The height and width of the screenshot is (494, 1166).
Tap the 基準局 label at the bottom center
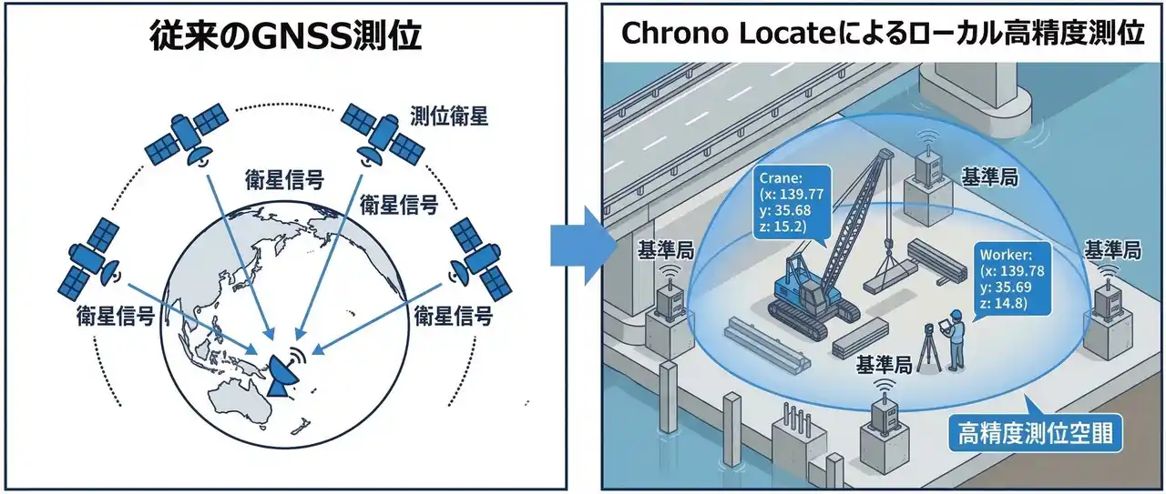884,366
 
